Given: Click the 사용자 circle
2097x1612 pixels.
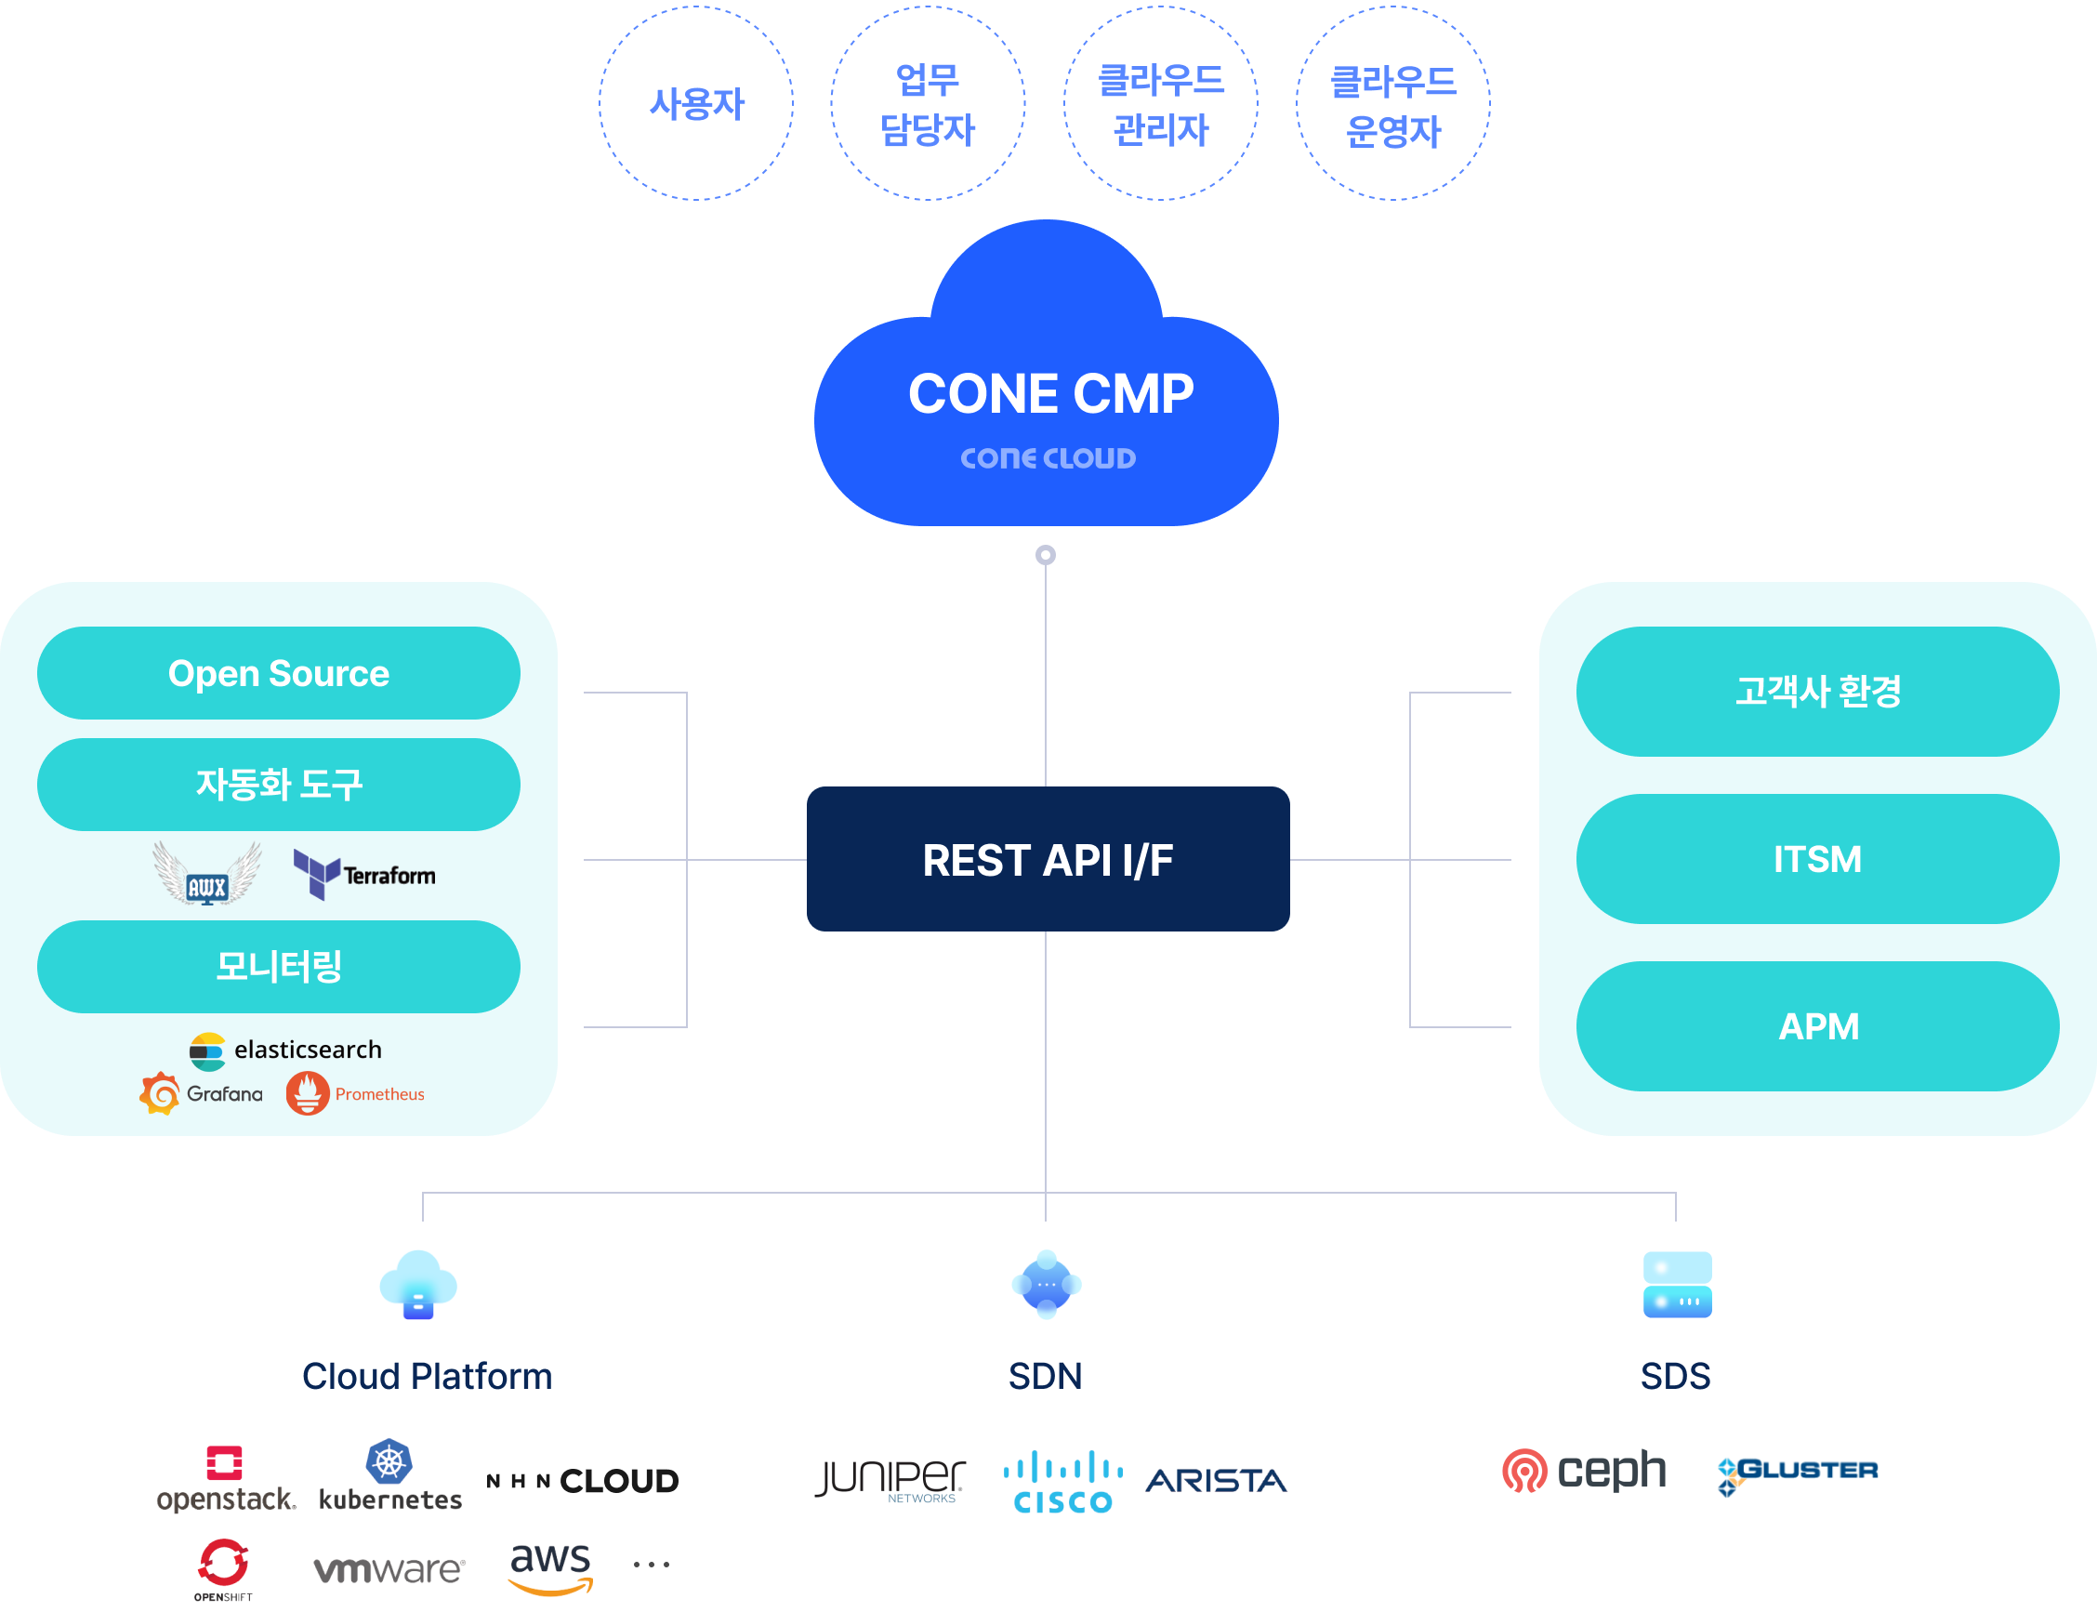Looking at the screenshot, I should [696, 103].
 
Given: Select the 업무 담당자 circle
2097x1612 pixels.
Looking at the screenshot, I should [928, 103].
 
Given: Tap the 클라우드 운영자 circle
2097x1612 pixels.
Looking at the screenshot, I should [1392, 103].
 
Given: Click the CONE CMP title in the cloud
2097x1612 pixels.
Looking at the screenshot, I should [1050, 393].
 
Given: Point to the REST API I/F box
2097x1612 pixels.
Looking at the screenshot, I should [1048, 860].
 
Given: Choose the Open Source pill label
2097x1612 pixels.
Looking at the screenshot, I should [278, 674].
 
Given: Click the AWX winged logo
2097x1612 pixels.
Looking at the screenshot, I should [207, 873].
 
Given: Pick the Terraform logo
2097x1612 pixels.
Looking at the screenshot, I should [364, 874].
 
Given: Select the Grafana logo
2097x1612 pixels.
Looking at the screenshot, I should [202, 1094].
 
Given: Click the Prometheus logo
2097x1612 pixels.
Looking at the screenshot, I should [355, 1094].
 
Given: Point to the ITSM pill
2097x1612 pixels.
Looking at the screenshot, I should [1817, 860].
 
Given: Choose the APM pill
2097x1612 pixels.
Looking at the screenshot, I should [1817, 1026].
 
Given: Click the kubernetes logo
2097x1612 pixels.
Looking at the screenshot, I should [389, 1475].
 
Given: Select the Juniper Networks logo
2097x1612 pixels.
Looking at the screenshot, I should [890, 1482].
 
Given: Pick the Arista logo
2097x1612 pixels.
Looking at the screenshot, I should [1217, 1481].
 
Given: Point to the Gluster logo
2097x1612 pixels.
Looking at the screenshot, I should [1797, 1472].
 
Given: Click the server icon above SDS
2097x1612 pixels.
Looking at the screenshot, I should [1677, 1285].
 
